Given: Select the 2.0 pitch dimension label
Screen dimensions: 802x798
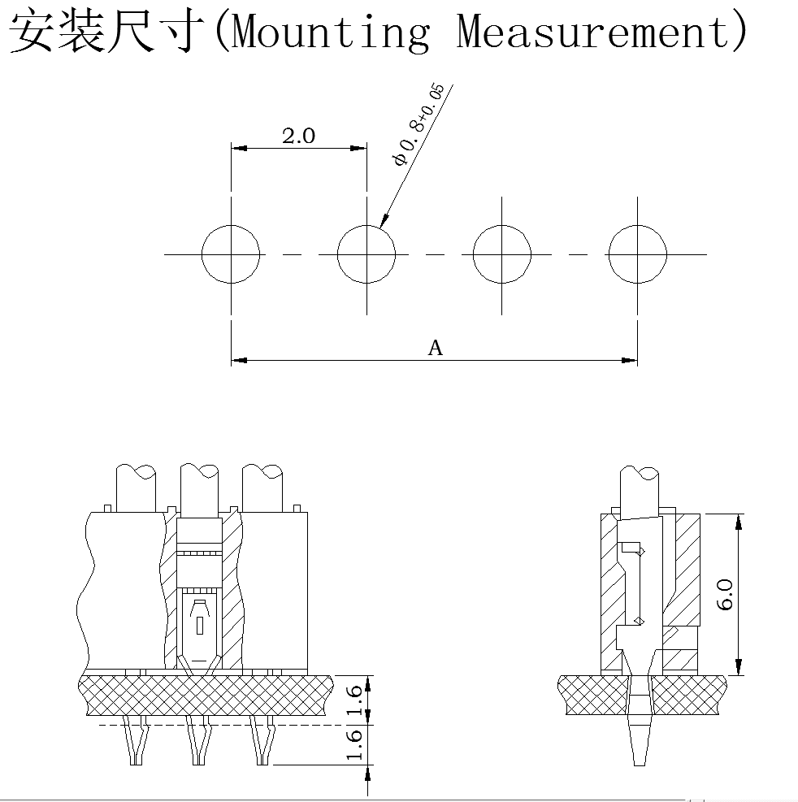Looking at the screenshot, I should coord(298,136).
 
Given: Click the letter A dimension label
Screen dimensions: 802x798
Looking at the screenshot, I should coord(436,349).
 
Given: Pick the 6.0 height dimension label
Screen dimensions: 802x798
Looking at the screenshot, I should coord(726,594).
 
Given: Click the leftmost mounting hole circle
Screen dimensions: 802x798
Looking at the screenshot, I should coord(232,254).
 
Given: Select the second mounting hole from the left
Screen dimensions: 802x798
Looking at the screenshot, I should coord(366,254).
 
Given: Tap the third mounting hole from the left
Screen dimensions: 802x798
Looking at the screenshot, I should coord(501,254).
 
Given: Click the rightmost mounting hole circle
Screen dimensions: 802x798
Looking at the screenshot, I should coord(637,254).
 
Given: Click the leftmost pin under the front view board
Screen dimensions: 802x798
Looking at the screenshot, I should coord(137,741).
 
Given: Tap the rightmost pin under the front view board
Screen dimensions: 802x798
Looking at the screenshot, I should coord(262,741).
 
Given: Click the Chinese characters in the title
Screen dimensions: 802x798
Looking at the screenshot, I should coord(106,33).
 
